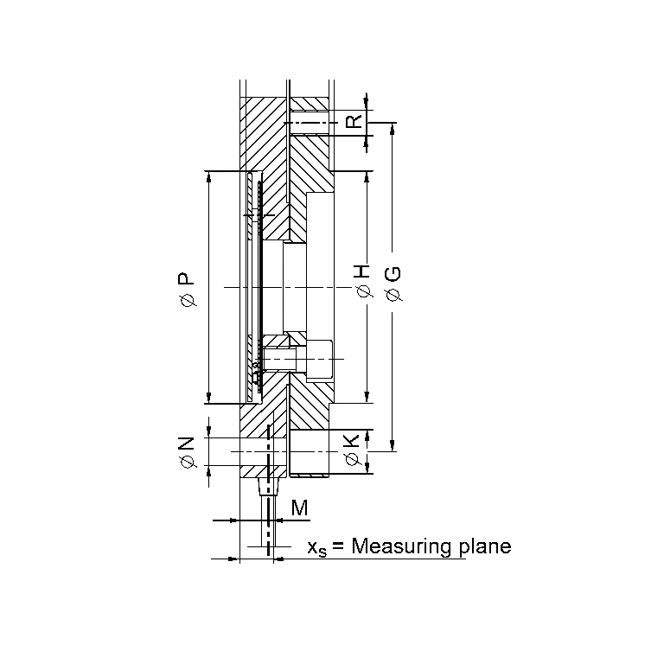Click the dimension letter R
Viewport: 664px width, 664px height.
tap(354, 121)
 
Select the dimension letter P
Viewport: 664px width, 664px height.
tap(186, 278)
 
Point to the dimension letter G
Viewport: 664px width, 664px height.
tap(393, 274)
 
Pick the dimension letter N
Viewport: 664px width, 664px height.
tap(186, 443)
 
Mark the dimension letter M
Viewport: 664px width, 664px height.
tap(300, 508)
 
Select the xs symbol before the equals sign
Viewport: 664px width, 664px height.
tap(317, 549)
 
